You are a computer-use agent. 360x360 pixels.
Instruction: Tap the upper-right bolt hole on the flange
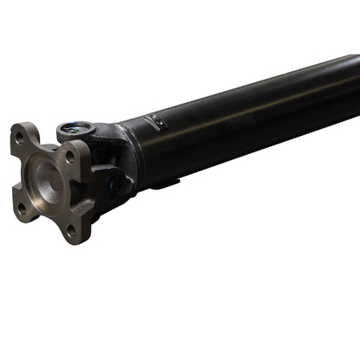point(69,157)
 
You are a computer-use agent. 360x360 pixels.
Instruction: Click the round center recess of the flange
point(49,183)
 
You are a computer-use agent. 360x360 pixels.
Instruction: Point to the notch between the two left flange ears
point(16,173)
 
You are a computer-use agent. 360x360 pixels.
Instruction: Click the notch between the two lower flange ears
point(45,216)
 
